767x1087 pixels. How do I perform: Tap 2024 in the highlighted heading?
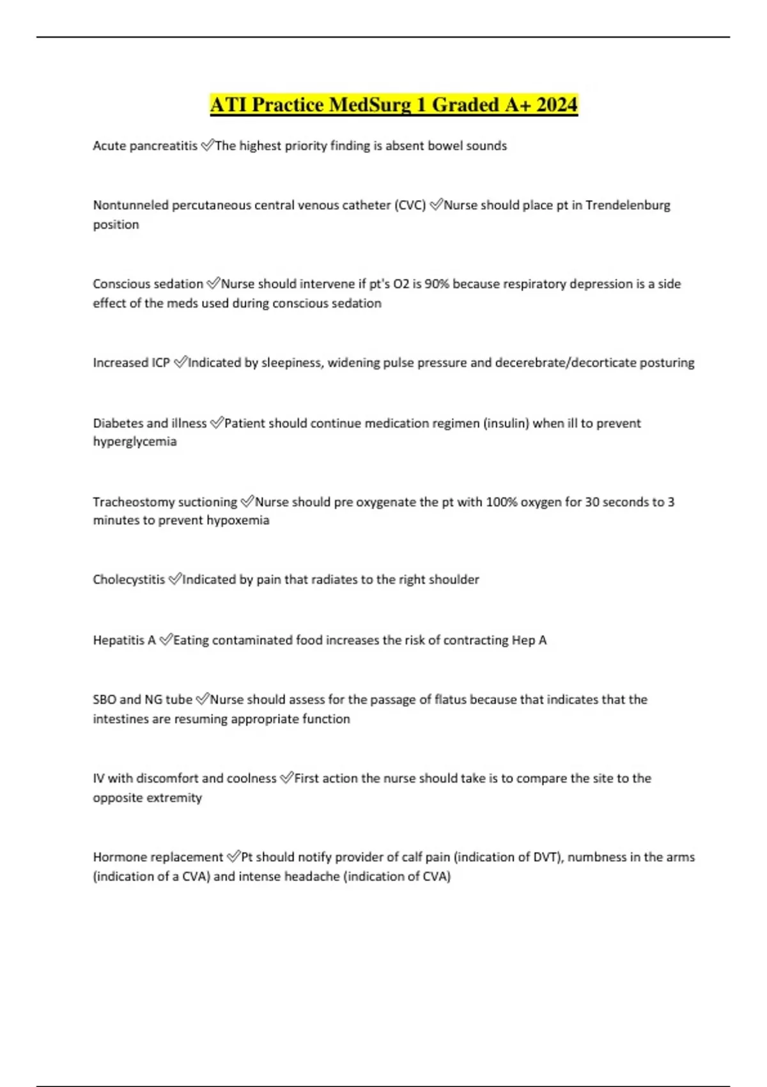(557, 104)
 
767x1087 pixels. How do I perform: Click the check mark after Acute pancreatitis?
(207, 146)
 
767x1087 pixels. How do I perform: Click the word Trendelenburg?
(628, 205)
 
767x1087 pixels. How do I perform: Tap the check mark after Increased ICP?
(180, 363)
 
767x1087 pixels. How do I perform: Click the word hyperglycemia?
(135, 442)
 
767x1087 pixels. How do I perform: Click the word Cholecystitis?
(128, 580)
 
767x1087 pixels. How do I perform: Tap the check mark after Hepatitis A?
(166, 640)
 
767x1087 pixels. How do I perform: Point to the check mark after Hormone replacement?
(233, 857)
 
